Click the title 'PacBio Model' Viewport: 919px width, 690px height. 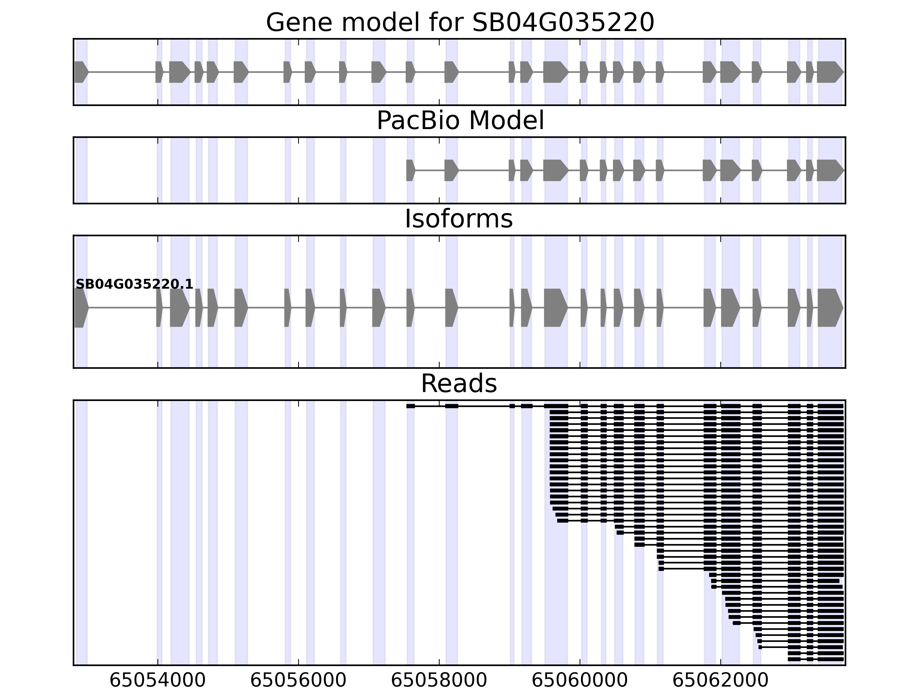(x=460, y=121)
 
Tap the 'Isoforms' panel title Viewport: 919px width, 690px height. (x=459, y=219)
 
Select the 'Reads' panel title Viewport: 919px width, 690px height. (x=459, y=384)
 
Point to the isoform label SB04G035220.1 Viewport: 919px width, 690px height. (x=134, y=284)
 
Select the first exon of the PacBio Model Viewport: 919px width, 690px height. (x=410, y=170)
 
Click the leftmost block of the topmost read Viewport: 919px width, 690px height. (x=410, y=406)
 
